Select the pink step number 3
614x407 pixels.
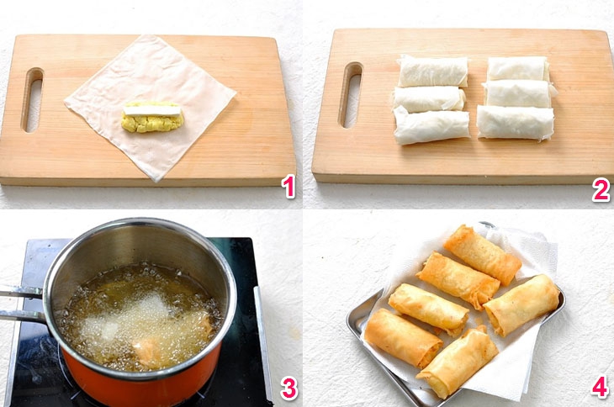pos(288,388)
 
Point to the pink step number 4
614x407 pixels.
pos(600,388)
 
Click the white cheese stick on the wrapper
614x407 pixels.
pos(153,109)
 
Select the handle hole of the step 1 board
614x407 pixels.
pos(32,99)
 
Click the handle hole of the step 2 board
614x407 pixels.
pos(350,94)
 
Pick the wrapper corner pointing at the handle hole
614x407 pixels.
pos(67,103)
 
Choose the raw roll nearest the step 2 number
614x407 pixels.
pos(516,123)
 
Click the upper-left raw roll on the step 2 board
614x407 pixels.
pos(432,71)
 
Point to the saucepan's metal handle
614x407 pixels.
pos(21,304)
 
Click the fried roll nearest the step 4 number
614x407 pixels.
pos(521,304)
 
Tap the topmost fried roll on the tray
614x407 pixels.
pos(482,253)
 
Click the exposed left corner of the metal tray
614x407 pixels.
pos(356,323)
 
